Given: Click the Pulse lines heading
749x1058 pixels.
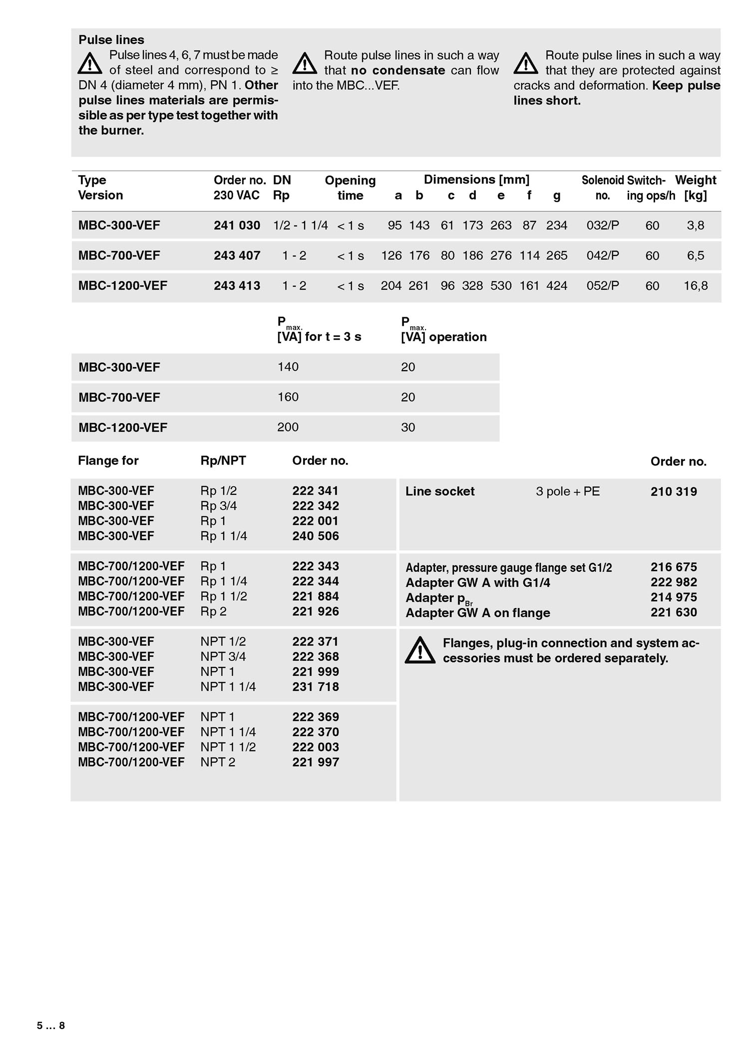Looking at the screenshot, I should click(x=111, y=40).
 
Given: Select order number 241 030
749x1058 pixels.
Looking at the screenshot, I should click(x=237, y=225).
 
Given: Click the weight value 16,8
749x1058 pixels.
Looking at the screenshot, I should click(x=696, y=286).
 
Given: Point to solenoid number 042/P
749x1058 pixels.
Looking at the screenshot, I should click(x=603, y=256).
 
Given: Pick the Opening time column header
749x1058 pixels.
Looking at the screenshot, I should click(x=350, y=188).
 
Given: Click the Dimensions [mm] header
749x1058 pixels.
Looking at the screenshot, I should click(x=476, y=180).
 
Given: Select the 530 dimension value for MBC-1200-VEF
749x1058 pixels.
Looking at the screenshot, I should click(x=501, y=286).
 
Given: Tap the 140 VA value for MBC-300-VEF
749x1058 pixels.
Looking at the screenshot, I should click(x=288, y=367).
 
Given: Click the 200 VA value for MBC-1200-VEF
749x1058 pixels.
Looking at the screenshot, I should click(x=288, y=427).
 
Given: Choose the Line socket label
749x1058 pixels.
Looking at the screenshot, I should click(x=440, y=491).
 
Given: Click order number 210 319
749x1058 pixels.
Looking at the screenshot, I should click(x=674, y=492).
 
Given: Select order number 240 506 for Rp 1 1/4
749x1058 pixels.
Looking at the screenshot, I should click(x=316, y=536).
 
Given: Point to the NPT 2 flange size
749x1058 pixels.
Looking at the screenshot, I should click(x=218, y=762).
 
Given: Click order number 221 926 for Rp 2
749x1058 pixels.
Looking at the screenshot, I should click(x=316, y=612).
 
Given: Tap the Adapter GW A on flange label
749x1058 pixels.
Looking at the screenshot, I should click(x=478, y=613).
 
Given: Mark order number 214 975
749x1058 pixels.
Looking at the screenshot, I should click(x=674, y=597).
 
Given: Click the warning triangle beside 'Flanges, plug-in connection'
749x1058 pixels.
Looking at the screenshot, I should click(x=420, y=650).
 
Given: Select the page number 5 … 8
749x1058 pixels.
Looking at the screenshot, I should click(x=51, y=1026).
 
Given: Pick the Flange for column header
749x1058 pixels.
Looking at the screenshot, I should click(x=108, y=461).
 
